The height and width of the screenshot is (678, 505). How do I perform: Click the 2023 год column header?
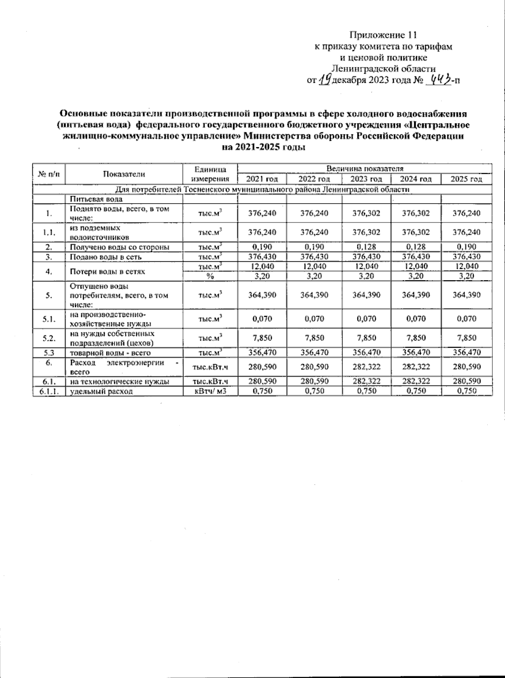[x=366, y=179]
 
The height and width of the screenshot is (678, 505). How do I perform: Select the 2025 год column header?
[x=466, y=179]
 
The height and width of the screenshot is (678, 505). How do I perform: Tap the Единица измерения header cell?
[x=210, y=174]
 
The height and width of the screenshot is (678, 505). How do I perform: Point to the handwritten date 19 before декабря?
[x=324, y=79]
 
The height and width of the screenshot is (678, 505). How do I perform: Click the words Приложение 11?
[x=383, y=35]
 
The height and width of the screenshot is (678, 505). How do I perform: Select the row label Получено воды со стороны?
[x=120, y=247]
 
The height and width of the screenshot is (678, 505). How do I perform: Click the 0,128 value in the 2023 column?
[x=366, y=247]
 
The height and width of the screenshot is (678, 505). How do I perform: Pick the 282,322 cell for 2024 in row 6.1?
[x=416, y=381]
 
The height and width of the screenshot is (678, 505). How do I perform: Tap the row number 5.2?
[x=49, y=338]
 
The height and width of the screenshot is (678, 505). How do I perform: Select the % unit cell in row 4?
[x=210, y=276]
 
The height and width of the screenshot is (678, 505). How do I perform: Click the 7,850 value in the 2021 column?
[x=262, y=338]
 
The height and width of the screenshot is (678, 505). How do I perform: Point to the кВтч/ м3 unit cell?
[x=210, y=391]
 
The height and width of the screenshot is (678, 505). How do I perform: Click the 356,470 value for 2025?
[x=466, y=353]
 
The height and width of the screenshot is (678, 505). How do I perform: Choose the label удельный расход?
[x=101, y=391]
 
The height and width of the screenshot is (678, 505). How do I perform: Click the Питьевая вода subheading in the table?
[x=96, y=199]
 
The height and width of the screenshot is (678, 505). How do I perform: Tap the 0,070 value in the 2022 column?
[x=314, y=319]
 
